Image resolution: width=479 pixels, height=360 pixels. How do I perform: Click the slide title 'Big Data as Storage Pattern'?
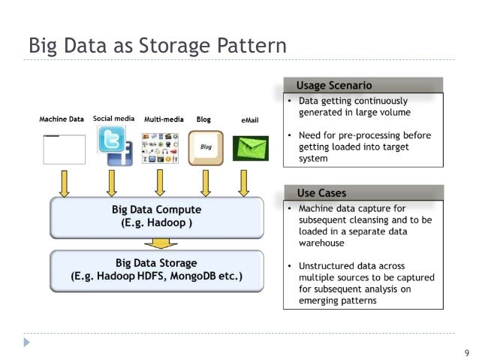click(x=157, y=45)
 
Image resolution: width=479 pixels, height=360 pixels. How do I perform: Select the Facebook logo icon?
click(x=119, y=156)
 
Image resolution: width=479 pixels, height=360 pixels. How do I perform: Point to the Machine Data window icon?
click(x=64, y=149)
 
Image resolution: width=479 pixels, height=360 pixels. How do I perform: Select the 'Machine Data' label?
click(x=62, y=119)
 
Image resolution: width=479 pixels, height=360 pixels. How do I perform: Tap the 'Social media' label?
click(x=113, y=119)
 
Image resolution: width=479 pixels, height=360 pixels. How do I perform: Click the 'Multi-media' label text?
click(x=164, y=119)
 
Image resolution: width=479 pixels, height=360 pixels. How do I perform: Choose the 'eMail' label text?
click(x=250, y=120)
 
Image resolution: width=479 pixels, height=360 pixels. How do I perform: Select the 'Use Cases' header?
click(x=322, y=193)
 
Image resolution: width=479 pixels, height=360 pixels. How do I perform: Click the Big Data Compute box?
click(x=156, y=216)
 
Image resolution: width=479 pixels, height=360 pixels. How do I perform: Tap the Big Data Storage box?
click(x=156, y=269)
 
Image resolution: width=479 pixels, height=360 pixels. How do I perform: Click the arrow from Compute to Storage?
click(x=160, y=243)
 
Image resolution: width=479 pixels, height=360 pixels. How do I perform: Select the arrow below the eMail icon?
click(x=243, y=183)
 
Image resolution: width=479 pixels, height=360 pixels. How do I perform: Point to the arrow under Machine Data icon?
click(x=65, y=183)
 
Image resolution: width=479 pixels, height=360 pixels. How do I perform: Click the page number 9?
click(x=466, y=352)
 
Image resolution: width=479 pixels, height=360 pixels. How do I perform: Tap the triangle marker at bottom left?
click(x=28, y=342)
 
